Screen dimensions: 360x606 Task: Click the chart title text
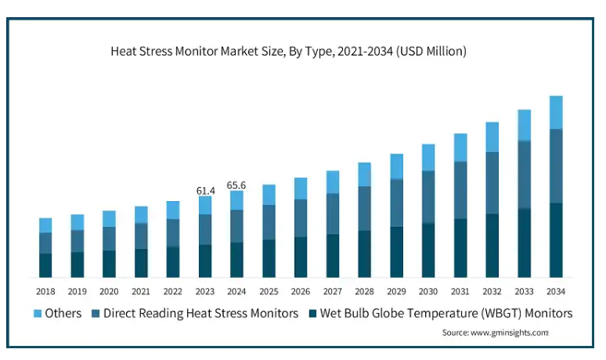click(288, 52)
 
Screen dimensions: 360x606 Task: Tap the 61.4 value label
click(205, 189)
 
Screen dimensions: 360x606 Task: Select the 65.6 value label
click(236, 185)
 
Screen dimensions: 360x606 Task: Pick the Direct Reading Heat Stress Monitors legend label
click(201, 313)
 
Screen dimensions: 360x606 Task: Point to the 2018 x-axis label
click(45, 291)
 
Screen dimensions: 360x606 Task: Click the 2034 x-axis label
click(556, 291)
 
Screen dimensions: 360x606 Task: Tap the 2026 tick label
click(301, 291)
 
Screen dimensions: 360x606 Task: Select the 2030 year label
click(428, 291)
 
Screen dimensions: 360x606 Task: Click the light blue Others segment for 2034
click(556, 112)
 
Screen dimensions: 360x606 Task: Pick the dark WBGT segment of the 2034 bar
click(556, 240)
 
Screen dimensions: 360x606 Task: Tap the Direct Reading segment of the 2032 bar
click(492, 182)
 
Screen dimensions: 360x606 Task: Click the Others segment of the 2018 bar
click(45, 225)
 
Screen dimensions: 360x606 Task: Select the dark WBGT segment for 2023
click(205, 261)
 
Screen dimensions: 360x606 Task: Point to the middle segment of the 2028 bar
click(365, 208)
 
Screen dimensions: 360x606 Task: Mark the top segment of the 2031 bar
click(460, 147)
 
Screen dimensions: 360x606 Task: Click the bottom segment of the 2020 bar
click(110, 264)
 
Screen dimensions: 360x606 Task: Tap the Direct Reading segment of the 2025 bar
click(269, 222)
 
